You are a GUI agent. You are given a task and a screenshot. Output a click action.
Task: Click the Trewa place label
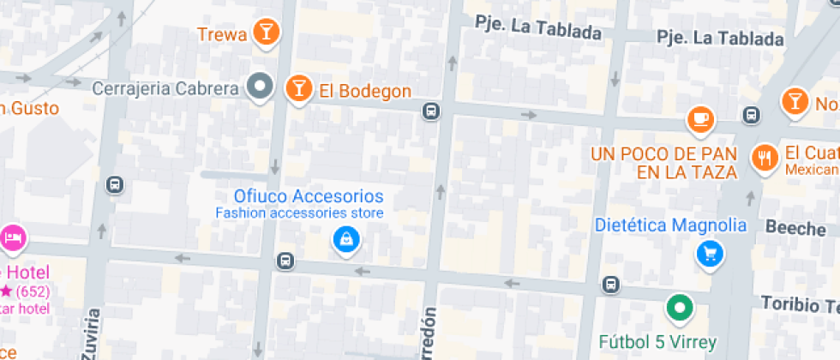(222, 35)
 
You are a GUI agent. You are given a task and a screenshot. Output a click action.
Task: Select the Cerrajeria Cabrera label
(165, 88)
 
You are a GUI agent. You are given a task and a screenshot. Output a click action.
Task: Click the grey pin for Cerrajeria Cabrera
(260, 86)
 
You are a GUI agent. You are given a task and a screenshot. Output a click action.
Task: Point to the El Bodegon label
(365, 91)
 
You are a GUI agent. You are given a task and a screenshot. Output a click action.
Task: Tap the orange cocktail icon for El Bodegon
(298, 87)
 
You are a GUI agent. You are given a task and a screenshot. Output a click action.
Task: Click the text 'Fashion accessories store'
(299, 213)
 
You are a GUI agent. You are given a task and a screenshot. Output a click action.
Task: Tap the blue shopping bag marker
(345, 239)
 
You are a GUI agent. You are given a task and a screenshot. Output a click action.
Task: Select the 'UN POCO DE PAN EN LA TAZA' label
(663, 163)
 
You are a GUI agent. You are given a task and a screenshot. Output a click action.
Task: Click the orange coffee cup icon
(701, 118)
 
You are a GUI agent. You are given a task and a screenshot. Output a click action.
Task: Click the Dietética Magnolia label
(671, 226)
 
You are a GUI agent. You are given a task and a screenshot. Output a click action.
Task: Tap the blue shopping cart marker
(710, 253)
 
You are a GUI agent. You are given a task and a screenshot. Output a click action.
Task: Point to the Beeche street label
(795, 228)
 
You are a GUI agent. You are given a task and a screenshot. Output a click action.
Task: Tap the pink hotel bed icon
(13, 236)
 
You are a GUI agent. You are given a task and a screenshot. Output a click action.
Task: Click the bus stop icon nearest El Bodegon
(431, 110)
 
